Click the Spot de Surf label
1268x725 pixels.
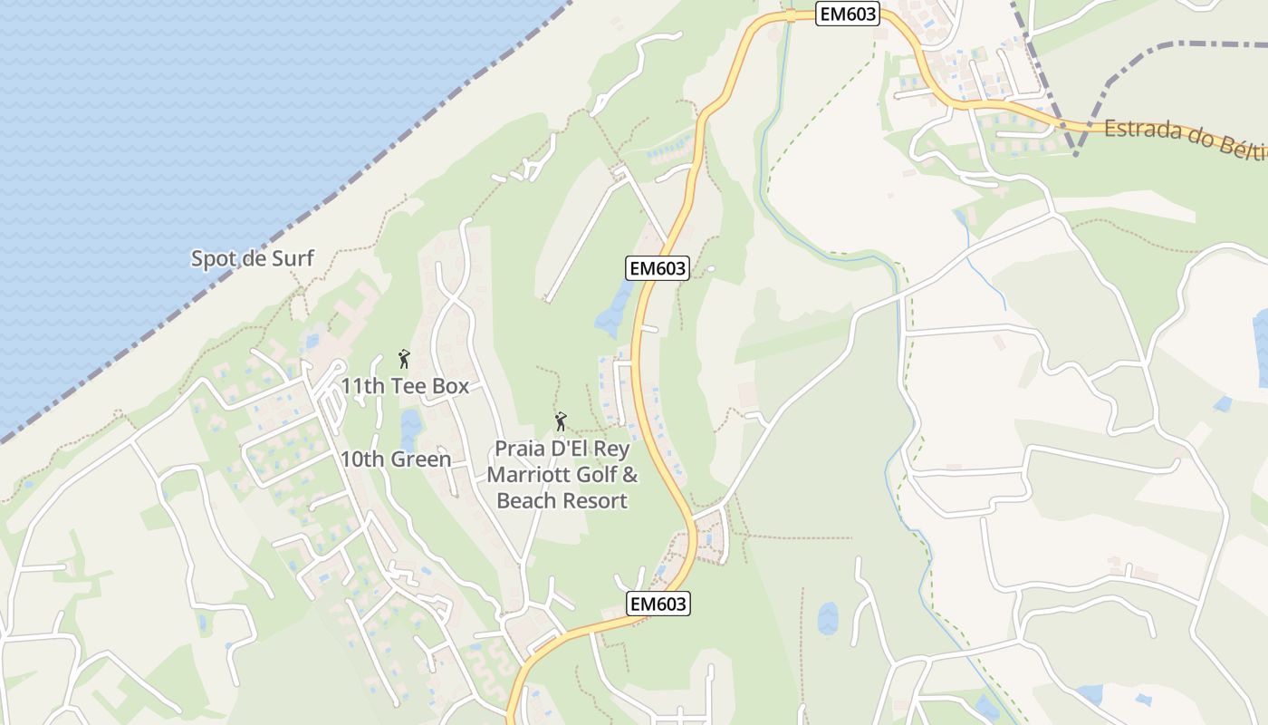pyautogui.click(x=252, y=258)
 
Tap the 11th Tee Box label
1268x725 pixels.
pyautogui.click(x=405, y=386)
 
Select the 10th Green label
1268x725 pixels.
pyautogui.click(x=396, y=459)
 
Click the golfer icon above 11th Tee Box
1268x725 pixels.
pyautogui.click(x=404, y=359)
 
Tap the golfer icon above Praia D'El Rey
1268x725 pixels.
pyautogui.click(x=561, y=421)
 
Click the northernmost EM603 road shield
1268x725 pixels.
pyautogui.click(x=848, y=14)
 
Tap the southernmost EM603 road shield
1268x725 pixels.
pyautogui.click(x=658, y=604)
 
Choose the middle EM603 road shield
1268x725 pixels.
pyautogui.click(x=658, y=267)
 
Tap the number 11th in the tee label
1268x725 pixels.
pyautogui.click(x=362, y=386)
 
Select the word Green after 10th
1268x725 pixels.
pyautogui.click(x=420, y=459)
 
